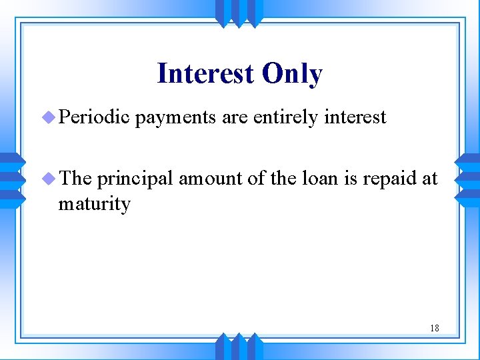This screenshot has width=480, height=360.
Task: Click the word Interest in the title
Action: (205, 74)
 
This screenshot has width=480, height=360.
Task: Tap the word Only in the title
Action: (292, 74)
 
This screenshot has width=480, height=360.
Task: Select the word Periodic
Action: (94, 117)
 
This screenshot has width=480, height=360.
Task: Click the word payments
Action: (176, 118)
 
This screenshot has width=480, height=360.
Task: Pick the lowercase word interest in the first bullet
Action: (355, 117)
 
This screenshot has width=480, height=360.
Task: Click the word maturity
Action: (94, 203)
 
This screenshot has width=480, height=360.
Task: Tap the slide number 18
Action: (434, 328)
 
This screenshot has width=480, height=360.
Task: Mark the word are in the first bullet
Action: (235, 118)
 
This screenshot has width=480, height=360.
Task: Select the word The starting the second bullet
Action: (75, 179)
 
